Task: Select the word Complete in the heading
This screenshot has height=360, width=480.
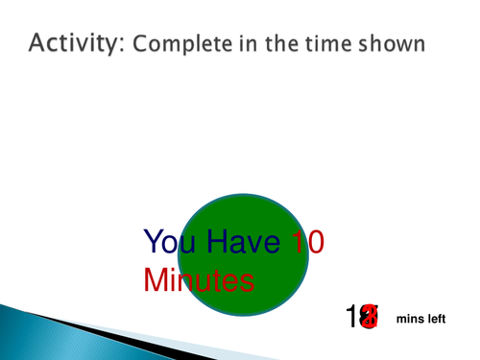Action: click(x=171, y=44)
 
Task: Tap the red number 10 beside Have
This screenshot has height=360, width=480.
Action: click(x=306, y=242)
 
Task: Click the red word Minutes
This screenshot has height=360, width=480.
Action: click(x=198, y=280)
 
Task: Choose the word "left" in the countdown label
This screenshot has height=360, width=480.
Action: click(x=438, y=319)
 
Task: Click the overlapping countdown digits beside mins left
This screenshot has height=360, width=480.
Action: click(x=364, y=318)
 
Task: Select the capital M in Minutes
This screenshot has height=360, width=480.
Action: click(x=156, y=280)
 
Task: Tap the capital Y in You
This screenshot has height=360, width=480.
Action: click(x=153, y=242)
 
